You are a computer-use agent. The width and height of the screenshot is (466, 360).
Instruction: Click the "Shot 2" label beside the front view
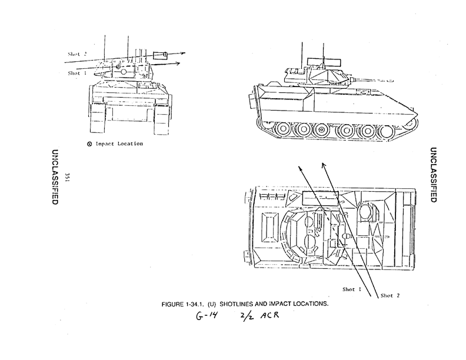point(77,54)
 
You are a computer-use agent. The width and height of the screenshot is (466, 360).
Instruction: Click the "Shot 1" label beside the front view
point(77,74)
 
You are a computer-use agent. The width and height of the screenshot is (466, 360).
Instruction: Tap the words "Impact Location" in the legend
point(119,144)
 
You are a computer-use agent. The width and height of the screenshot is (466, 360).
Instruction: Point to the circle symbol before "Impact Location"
point(89,144)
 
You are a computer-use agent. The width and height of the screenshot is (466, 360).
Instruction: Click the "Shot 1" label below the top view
point(352,289)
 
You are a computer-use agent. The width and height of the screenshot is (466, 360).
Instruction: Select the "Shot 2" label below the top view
point(390,295)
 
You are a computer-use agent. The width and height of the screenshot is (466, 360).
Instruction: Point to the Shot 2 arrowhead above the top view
point(324,162)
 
